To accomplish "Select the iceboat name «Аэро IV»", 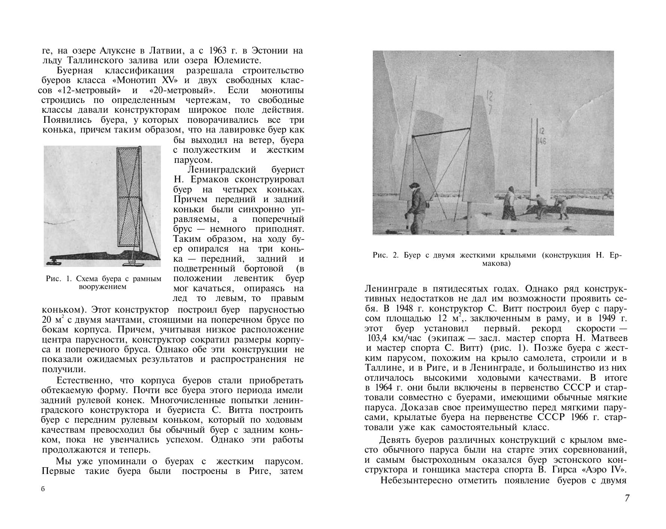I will tap(607, 469).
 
